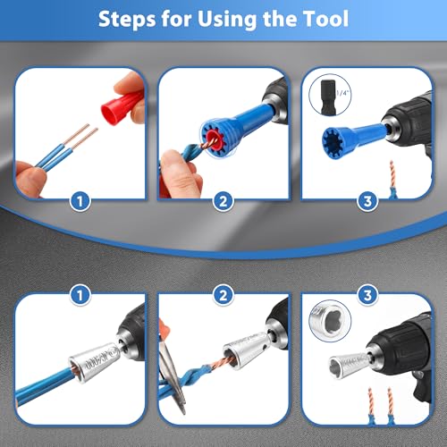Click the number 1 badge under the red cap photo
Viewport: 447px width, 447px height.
coord(81,202)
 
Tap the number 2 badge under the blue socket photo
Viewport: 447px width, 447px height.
coord(223,202)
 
